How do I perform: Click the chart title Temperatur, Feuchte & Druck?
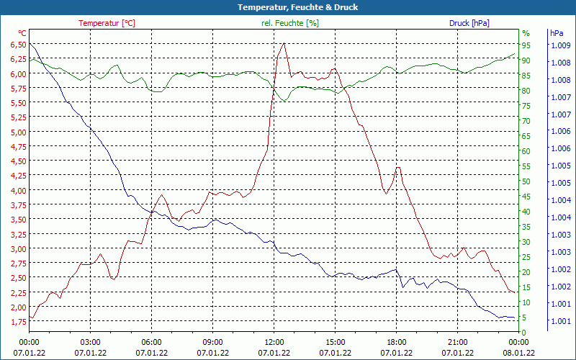click(287, 7)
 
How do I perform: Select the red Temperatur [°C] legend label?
click(107, 23)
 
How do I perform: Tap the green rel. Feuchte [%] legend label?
click(290, 23)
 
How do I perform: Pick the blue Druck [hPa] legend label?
click(469, 23)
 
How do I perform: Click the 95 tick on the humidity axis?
click(526, 45)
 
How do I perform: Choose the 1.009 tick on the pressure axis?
click(560, 45)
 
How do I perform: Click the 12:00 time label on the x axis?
click(274, 342)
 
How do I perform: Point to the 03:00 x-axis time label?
click(90, 342)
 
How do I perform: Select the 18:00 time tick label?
click(396, 342)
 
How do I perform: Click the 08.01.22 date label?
click(518, 353)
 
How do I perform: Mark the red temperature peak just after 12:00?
click(284, 44)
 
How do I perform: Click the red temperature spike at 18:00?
click(397, 168)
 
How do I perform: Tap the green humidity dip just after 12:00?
click(284, 101)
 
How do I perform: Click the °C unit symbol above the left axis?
click(22, 33)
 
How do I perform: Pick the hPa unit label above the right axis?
click(557, 33)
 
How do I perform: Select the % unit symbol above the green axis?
click(526, 33)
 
